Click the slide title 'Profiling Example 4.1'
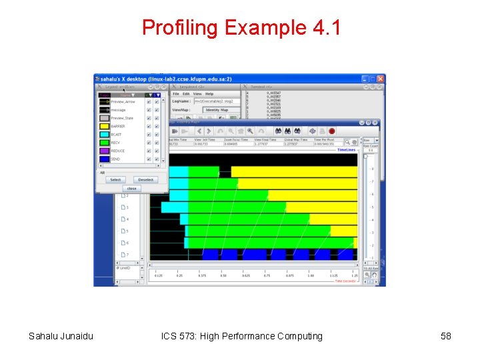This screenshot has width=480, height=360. click(241, 28)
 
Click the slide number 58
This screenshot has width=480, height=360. click(446, 336)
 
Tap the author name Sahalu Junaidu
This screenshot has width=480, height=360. click(61, 336)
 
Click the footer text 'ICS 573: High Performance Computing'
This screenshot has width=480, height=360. click(241, 336)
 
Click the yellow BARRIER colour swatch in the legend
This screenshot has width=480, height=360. click(104, 126)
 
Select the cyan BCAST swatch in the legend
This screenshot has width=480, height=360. click(104, 135)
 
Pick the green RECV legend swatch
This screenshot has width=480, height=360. click(104, 143)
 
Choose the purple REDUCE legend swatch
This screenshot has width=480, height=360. click(104, 151)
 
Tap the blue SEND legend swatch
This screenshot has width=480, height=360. click(104, 159)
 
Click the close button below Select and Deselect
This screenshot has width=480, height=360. click(131, 189)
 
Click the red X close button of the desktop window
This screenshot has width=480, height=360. click(381, 79)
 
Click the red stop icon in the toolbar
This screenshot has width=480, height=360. click(331, 131)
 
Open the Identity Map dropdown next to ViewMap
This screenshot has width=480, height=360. click(217, 110)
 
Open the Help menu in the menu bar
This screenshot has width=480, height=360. click(209, 94)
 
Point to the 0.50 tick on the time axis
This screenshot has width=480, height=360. click(223, 275)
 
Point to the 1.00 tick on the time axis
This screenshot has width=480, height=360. click(310, 275)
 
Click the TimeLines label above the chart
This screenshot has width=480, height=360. click(347, 150)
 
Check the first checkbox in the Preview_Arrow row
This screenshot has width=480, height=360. click(148, 101)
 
